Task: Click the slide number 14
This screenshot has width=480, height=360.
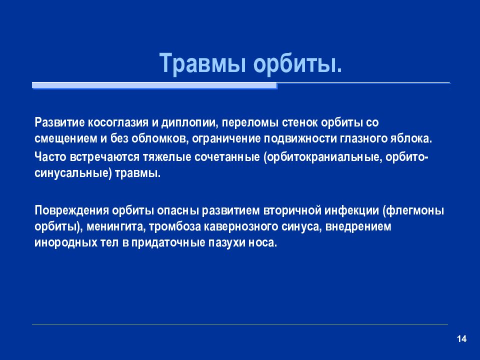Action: pyautogui.click(x=461, y=339)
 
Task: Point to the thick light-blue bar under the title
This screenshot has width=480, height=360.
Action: pyautogui.click(x=154, y=85)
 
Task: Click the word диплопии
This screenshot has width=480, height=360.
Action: pyautogui.click(x=189, y=123)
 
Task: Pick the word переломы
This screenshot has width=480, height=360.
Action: pyautogui.click(x=250, y=123)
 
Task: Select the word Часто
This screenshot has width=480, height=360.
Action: pyautogui.click(x=50, y=157)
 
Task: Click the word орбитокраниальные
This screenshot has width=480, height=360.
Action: pyautogui.click(x=322, y=157)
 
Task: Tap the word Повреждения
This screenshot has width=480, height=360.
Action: pyautogui.click(x=71, y=211)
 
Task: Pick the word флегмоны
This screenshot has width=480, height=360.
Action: pyautogui.click(x=413, y=211)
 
